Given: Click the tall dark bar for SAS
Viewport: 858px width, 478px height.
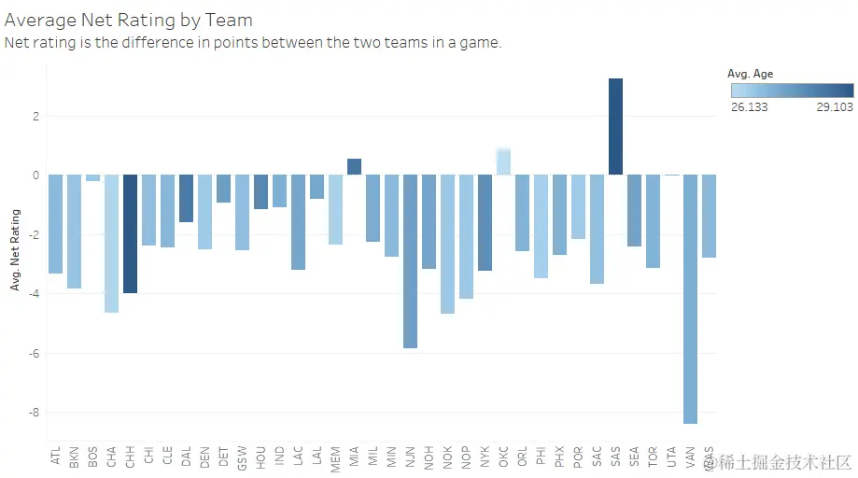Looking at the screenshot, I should [x=615, y=126].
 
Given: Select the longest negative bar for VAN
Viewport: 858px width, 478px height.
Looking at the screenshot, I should [x=690, y=299].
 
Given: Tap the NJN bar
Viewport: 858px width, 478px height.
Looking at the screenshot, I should [x=410, y=261].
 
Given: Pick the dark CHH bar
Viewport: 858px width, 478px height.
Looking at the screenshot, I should [x=130, y=233].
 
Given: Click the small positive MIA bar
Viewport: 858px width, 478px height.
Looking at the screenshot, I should [x=354, y=167].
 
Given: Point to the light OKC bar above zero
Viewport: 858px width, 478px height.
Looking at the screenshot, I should [x=503, y=162].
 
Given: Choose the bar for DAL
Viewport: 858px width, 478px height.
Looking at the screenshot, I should [x=186, y=198].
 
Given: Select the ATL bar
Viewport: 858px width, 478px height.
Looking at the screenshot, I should [x=55, y=224].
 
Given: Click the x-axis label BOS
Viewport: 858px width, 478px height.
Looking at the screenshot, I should [x=92, y=456].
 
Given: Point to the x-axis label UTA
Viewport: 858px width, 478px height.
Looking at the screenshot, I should [x=671, y=456].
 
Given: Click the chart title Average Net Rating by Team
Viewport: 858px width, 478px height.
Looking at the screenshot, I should [x=129, y=19].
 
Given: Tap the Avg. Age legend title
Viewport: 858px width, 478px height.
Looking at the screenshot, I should [x=751, y=74].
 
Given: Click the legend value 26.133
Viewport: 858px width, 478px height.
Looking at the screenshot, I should [x=750, y=106].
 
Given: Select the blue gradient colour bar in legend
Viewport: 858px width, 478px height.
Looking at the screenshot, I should [x=792, y=91].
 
